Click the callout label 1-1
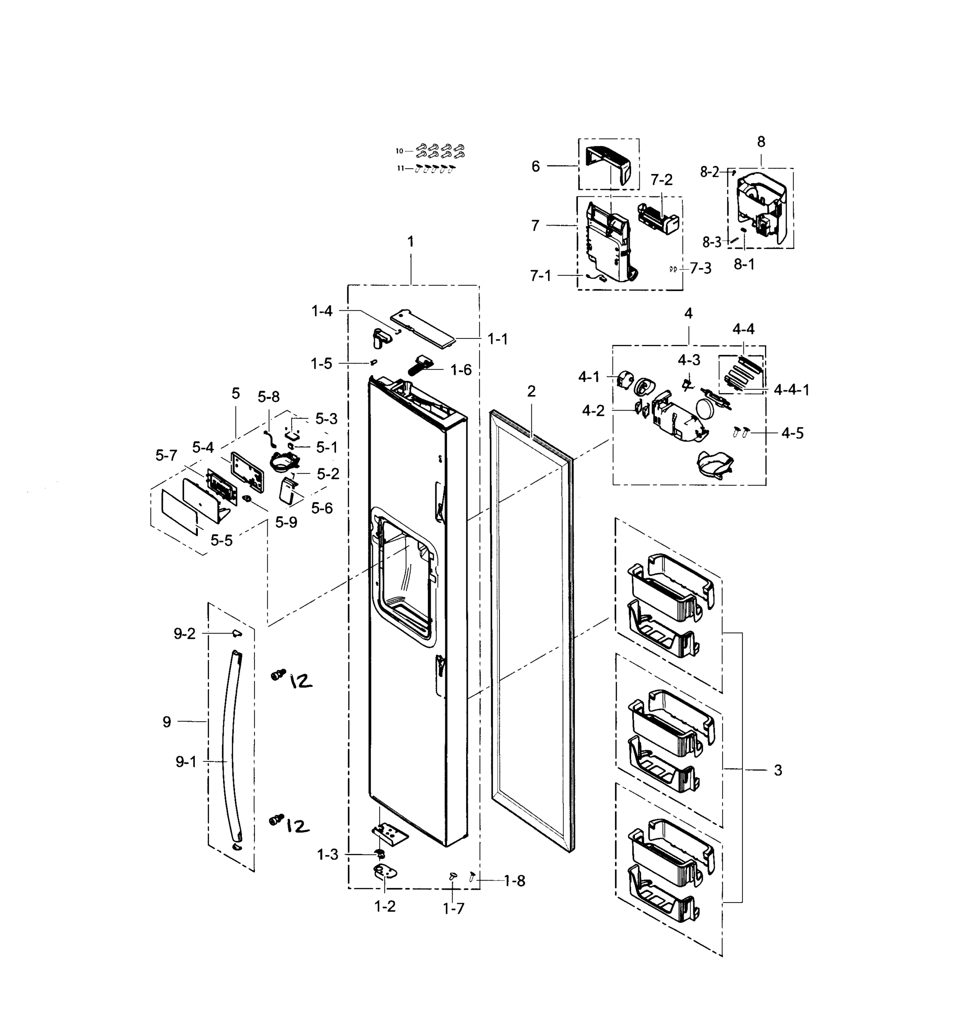pyautogui.click(x=498, y=339)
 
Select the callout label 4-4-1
pyautogui.click(x=791, y=390)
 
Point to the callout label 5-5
pyautogui.click(x=222, y=540)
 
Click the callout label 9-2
pyautogui.click(x=184, y=634)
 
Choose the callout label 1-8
pyautogui.click(x=514, y=881)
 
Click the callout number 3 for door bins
pyautogui.click(x=777, y=770)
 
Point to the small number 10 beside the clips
pyautogui.click(x=400, y=151)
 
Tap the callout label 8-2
pyautogui.click(x=709, y=172)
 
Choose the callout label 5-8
pyautogui.click(x=269, y=397)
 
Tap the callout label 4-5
pyautogui.click(x=792, y=433)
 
